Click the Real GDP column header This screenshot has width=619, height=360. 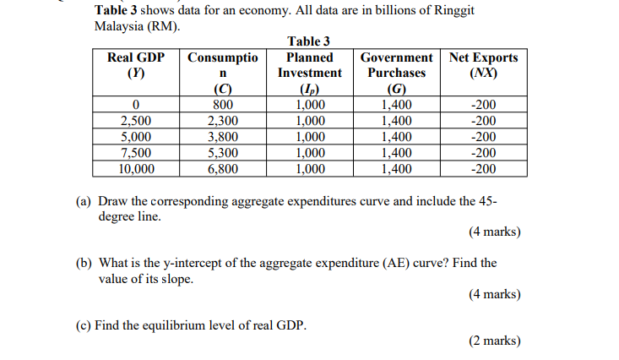[136, 65]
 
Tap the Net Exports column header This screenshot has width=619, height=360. [484, 65]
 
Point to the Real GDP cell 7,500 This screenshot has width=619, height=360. [136, 153]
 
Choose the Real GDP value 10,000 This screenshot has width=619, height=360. [136, 168]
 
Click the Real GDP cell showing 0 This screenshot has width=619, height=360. [136, 106]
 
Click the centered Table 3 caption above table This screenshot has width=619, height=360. [309, 41]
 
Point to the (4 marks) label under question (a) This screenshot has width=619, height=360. [494, 232]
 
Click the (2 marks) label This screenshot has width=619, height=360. [494, 341]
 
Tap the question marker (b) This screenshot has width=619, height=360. [84, 263]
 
